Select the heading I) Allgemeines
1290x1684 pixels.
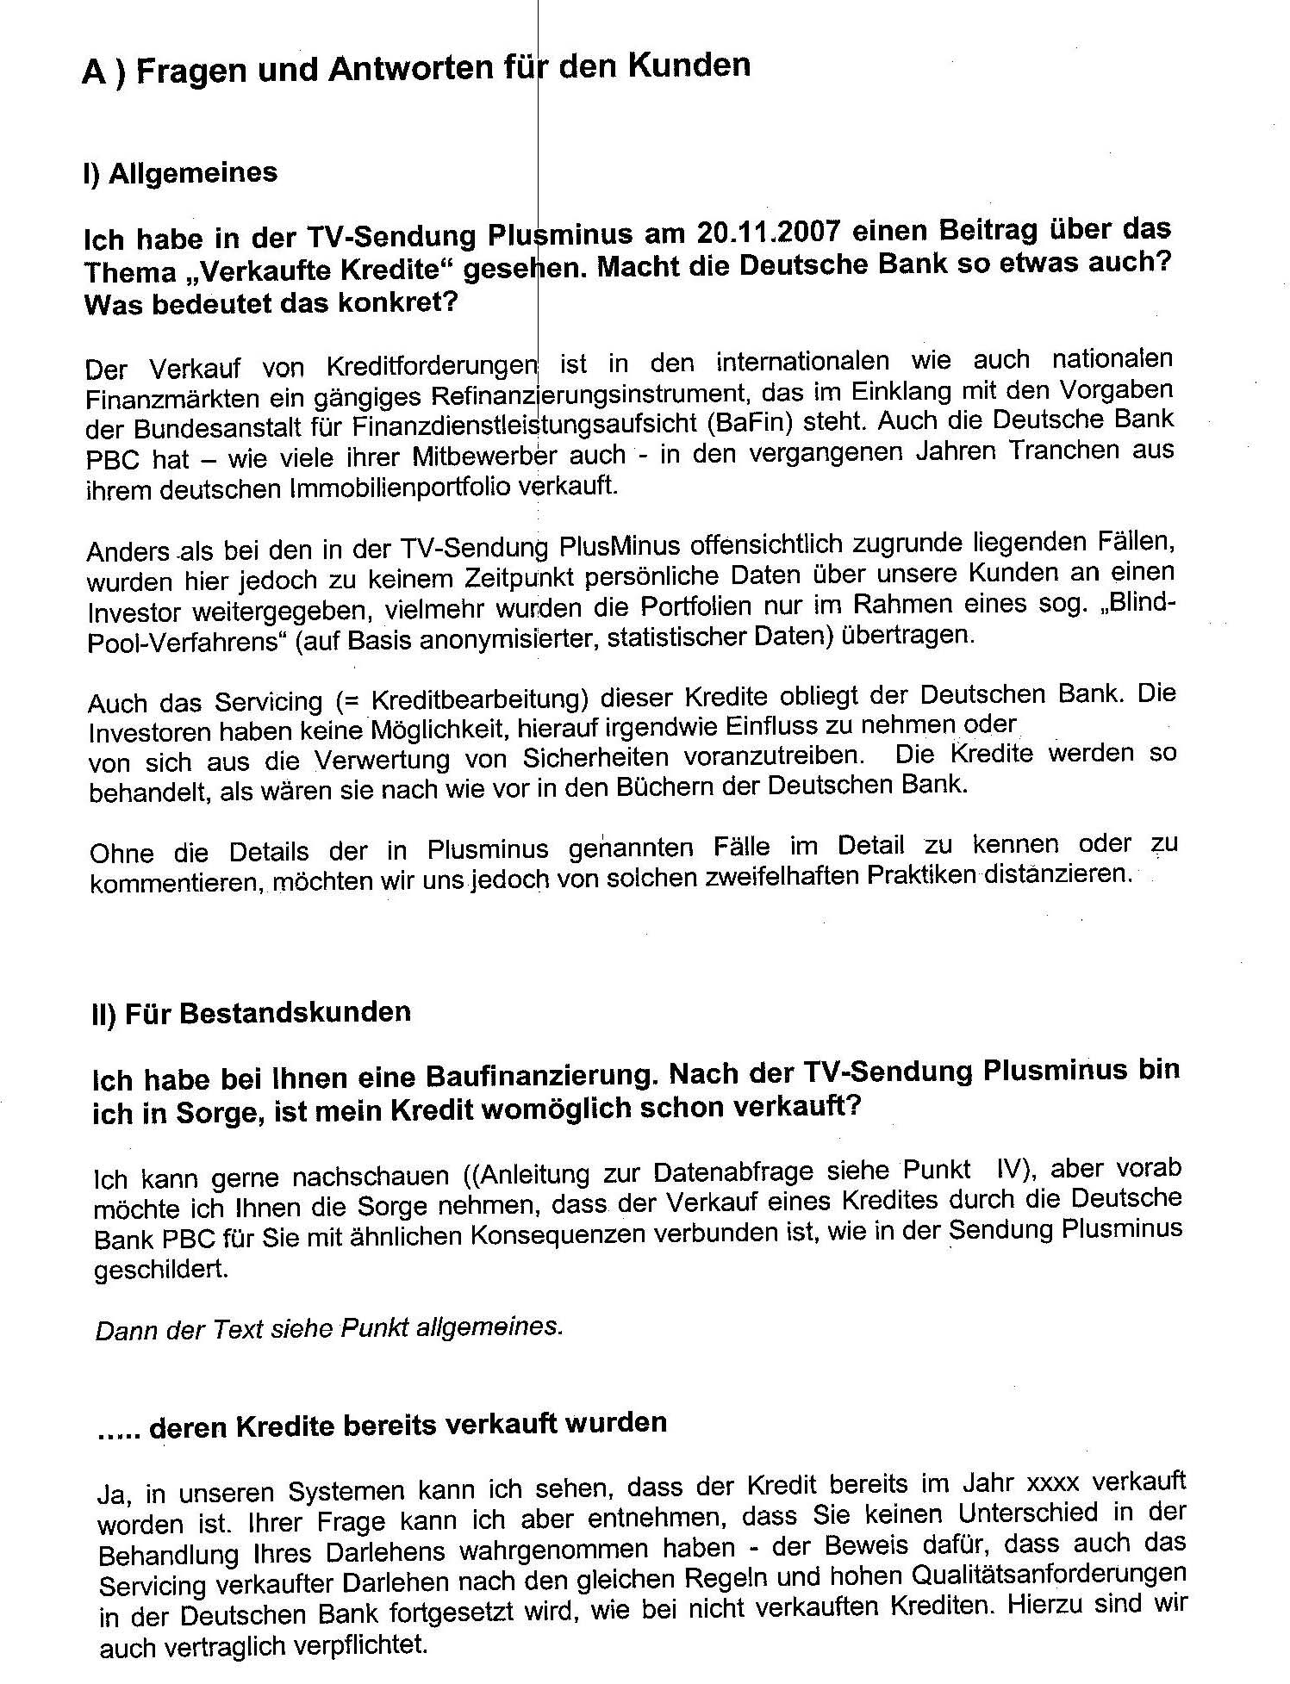click(180, 173)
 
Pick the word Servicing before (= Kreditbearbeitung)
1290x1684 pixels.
click(268, 701)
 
